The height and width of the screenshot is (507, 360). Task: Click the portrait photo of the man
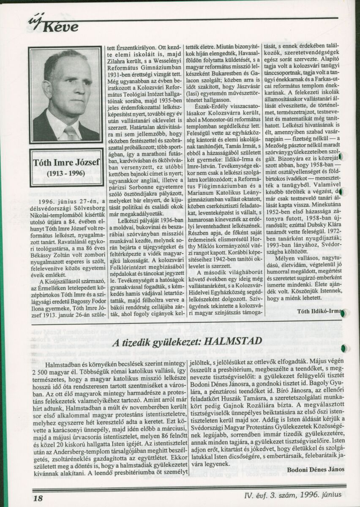[x=65, y=95]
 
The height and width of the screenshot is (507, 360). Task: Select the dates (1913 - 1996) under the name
[x=65, y=174]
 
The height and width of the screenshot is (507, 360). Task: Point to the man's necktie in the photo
[x=71, y=133]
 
